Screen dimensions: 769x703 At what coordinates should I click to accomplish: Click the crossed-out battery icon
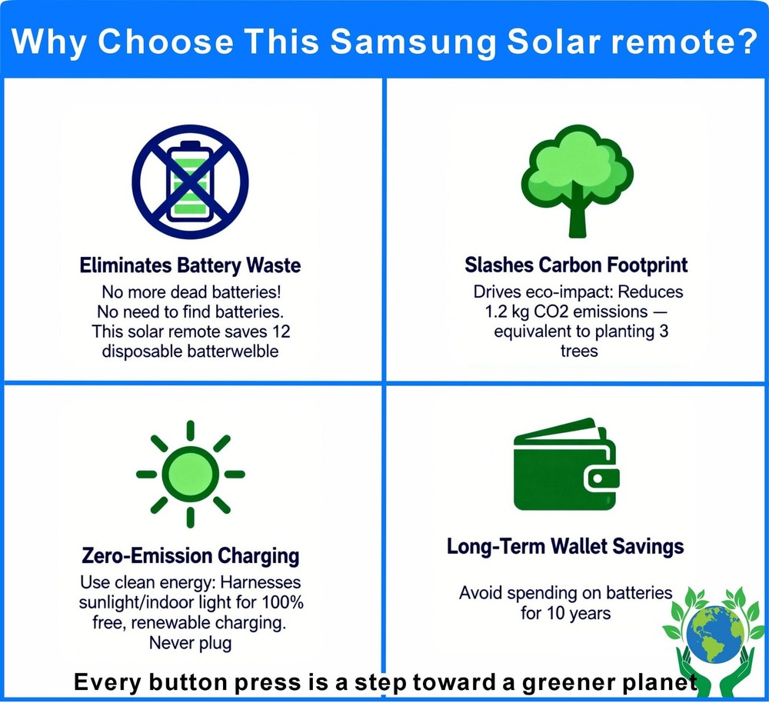pyautogui.click(x=190, y=182)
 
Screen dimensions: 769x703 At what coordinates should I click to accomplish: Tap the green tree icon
pyautogui.click(x=578, y=182)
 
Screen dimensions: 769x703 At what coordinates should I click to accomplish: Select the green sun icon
pyautogui.click(x=190, y=474)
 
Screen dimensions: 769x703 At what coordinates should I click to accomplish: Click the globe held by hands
pyautogui.click(x=714, y=634)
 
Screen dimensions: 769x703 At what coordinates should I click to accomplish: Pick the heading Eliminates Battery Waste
pyautogui.click(x=190, y=265)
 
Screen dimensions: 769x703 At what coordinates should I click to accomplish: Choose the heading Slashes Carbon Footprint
pyautogui.click(x=576, y=265)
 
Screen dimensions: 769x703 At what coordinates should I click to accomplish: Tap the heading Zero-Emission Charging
pyautogui.click(x=190, y=556)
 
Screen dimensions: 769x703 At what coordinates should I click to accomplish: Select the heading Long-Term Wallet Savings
pyautogui.click(x=565, y=547)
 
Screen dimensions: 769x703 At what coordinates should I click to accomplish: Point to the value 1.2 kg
pyautogui.click(x=507, y=312)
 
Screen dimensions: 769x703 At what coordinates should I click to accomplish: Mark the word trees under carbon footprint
pyautogui.click(x=579, y=351)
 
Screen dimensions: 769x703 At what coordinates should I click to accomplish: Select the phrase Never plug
pyautogui.click(x=190, y=643)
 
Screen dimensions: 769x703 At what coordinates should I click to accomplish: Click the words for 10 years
pyautogui.click(x=565, y=613)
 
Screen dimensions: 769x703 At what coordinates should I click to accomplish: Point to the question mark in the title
pyautogui.click(x=747, y=41)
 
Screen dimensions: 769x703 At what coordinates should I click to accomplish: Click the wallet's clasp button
pyautogui.click(x=598, y=478)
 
